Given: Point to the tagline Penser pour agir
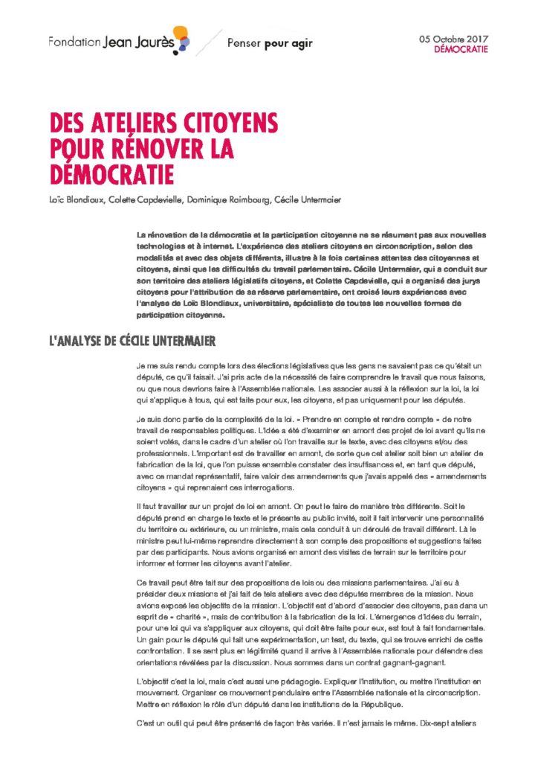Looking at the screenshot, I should tap(270, 43).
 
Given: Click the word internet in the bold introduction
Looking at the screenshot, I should tap(223, 245).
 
